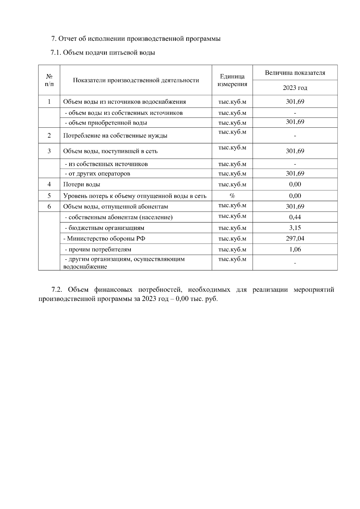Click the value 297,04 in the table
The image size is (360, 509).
(x=295, y=238)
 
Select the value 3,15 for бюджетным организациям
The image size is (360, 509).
(x=295, y=228)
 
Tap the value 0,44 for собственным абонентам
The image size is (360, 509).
(x=295, y=217)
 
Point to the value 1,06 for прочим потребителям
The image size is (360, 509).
(x=295, y=249)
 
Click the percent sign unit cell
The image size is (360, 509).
(x=232, y=196)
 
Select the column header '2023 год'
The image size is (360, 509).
(x=295, y=88)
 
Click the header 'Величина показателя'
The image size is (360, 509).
(x=295, y=73)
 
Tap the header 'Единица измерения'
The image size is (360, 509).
(x=232, y=80)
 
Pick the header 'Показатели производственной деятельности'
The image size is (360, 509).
(x=136, y=80)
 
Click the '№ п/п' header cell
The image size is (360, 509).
(x=49, y=80)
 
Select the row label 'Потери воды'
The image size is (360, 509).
(x=82, y=185)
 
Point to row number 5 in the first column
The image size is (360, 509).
(x=49, y=196)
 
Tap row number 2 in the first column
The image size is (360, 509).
(x=49, y=135)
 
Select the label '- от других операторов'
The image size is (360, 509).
(x=97, y=174)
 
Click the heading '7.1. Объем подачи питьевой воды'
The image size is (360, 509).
(x=103, y=53)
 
